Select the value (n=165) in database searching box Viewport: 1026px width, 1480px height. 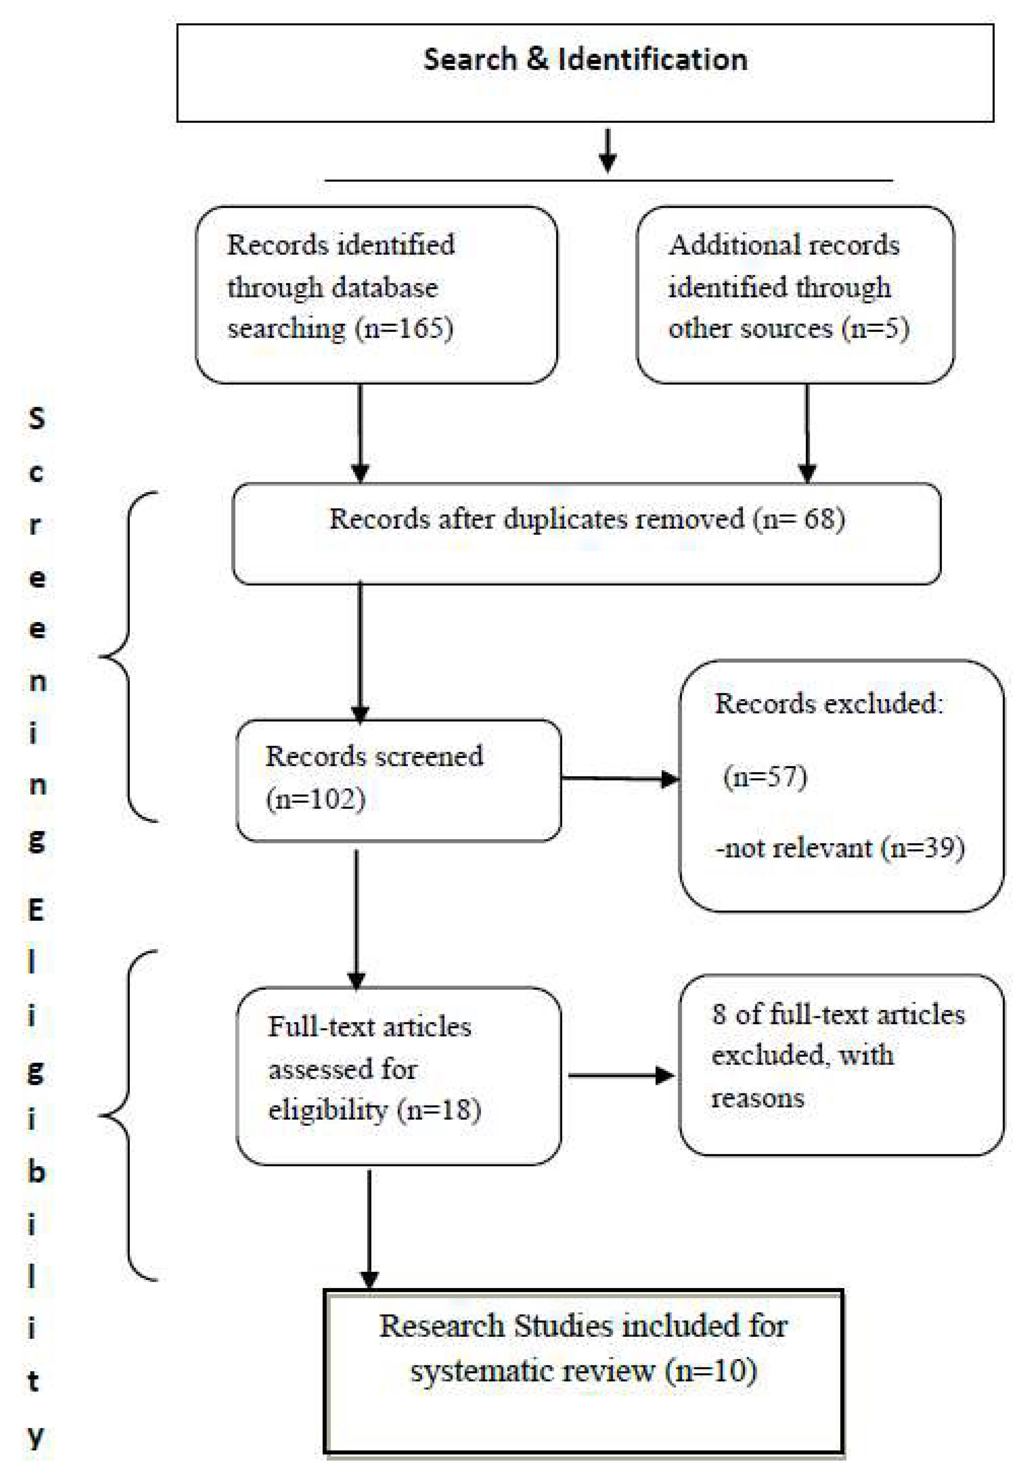405,328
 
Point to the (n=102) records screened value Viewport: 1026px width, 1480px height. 315,799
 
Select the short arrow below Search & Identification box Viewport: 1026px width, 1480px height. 607,151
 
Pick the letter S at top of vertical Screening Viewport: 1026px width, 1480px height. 37,418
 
